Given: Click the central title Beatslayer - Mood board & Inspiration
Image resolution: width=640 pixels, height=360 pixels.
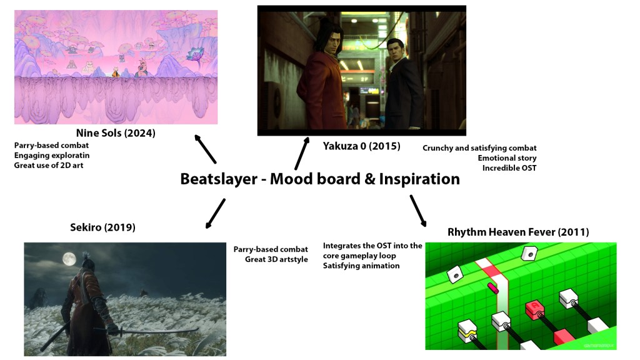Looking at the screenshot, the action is [320, 179].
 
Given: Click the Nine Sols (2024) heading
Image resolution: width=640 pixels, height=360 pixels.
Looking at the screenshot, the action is [116, 133].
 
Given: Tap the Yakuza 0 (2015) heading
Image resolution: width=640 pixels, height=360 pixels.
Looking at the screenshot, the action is [361, 146].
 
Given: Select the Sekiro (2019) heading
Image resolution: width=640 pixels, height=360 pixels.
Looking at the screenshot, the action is [102, 227].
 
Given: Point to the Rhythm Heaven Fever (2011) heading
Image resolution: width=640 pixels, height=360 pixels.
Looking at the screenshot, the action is [518, 232].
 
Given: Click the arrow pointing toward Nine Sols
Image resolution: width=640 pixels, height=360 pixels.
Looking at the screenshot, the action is [205, 149].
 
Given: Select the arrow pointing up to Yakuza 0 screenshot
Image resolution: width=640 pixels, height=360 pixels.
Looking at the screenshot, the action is [302, 154].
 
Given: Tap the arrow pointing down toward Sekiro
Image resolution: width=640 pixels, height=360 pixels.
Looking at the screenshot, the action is [216, 214].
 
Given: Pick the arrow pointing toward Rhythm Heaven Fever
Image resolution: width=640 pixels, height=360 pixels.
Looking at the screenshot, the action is [418, 211].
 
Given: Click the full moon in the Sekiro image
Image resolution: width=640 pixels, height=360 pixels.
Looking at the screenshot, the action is [69, 259].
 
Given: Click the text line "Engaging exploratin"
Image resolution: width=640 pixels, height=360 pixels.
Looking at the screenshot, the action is [52, 156].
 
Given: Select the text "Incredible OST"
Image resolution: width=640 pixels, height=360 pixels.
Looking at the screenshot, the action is [509, 167].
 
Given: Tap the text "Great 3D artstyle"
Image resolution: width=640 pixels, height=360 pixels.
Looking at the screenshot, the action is [276, 259].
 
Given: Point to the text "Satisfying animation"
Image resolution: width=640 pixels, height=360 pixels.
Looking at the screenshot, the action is [361, 266].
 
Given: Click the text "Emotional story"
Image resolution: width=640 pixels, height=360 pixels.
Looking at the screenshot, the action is [507, 158].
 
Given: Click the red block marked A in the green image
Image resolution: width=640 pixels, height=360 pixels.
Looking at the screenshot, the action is [535, 309].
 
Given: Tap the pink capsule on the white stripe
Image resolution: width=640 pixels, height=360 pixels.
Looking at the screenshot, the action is [492, 289].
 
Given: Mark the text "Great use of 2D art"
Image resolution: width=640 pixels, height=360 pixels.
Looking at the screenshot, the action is [49, 165].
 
